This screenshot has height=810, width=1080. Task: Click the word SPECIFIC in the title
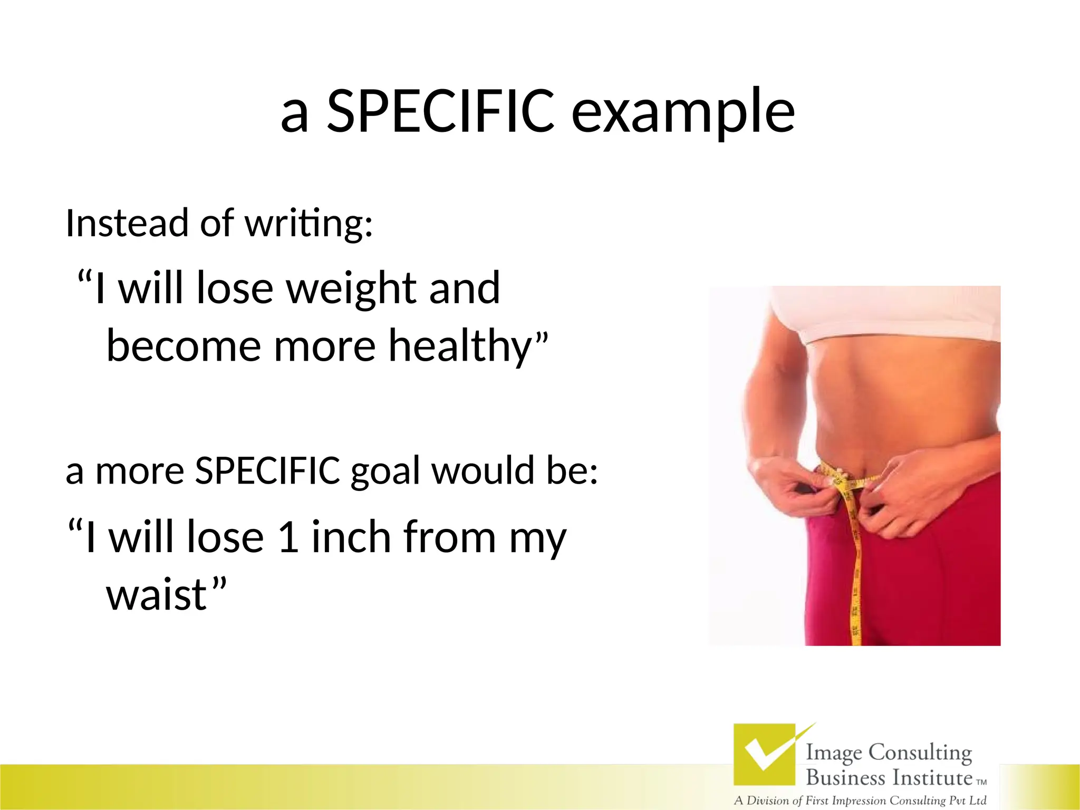[x=440, y=111]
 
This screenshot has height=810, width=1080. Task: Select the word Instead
[x=127, y=223]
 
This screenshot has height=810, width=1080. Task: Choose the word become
[x=184, y=346]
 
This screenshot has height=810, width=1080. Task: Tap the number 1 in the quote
[x=288, y=537]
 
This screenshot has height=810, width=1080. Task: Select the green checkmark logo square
[x=764, y=754]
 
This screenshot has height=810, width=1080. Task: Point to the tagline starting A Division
[x=860, y=801]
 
